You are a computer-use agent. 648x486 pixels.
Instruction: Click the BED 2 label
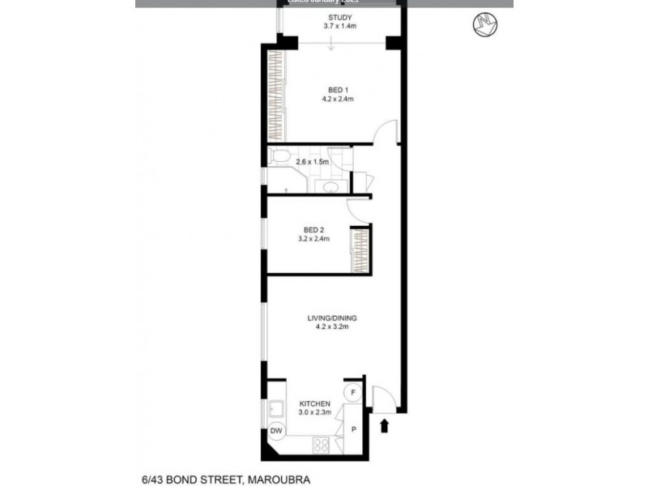[313, 229]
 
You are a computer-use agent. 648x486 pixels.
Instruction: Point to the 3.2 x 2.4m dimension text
[313, 239]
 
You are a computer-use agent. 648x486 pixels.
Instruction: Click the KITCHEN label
[314, 403]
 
